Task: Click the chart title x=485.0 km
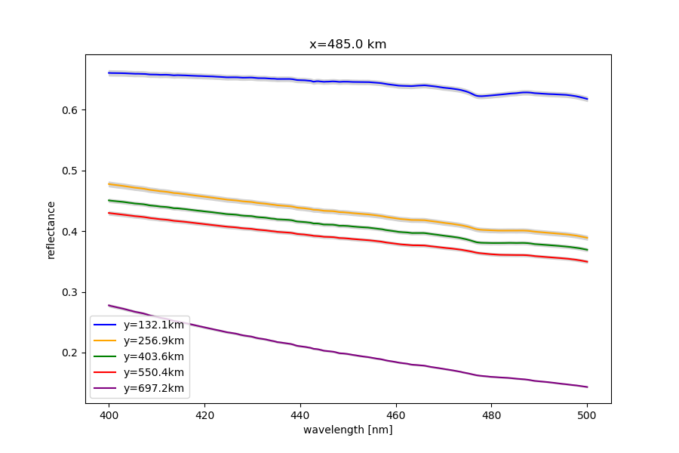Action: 348,45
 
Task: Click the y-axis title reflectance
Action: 51,230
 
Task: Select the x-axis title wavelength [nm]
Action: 348,430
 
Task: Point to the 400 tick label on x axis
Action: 109,414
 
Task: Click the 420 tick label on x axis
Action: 204,414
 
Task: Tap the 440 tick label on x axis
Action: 300,414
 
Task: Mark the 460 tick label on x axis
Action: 396,414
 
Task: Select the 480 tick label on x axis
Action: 492,414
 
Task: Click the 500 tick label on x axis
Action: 587,414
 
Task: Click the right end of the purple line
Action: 587,387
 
